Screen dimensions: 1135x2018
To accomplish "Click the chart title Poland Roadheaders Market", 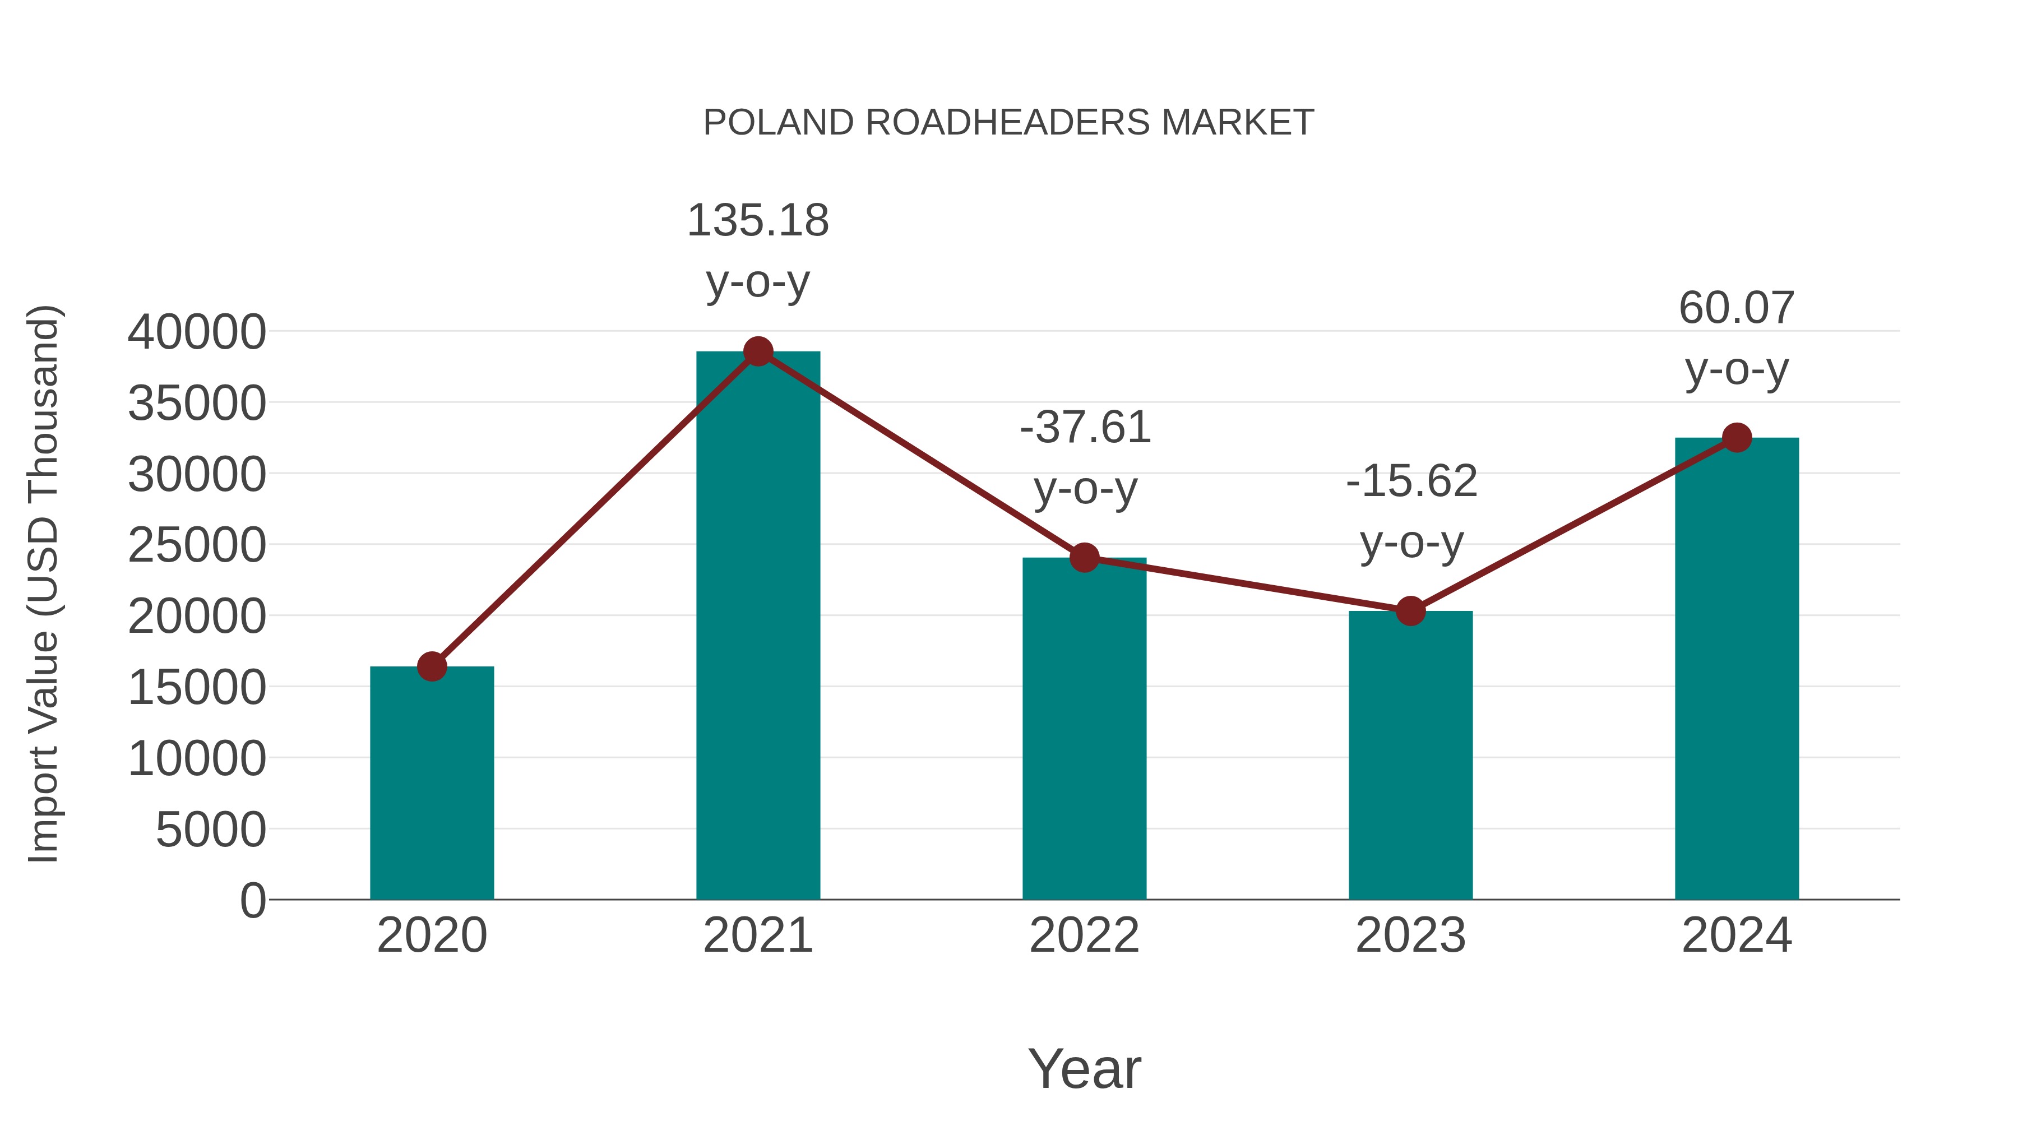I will point(1008,123).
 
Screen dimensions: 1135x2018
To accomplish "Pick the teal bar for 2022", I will point(1084,729).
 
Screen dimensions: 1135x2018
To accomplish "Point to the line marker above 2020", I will point(432,666).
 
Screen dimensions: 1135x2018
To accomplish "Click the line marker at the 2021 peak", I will point(757,351).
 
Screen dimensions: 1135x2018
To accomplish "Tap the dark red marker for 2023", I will point(1410,611).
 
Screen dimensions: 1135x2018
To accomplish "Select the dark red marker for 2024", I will point(1736,438).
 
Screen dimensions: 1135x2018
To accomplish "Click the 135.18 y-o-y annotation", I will point(757,250).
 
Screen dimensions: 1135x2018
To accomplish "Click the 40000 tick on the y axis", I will point(197,332).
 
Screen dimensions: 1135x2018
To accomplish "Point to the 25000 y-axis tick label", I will point(197,545).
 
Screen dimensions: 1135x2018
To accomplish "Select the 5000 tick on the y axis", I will point(211,830).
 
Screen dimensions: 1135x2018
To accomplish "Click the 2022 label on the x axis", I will point(1084,935).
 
